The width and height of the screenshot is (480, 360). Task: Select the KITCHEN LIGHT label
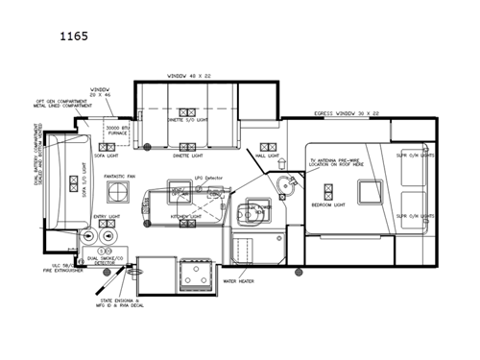point(186,217)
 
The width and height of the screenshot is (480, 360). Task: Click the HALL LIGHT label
point(267,156)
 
